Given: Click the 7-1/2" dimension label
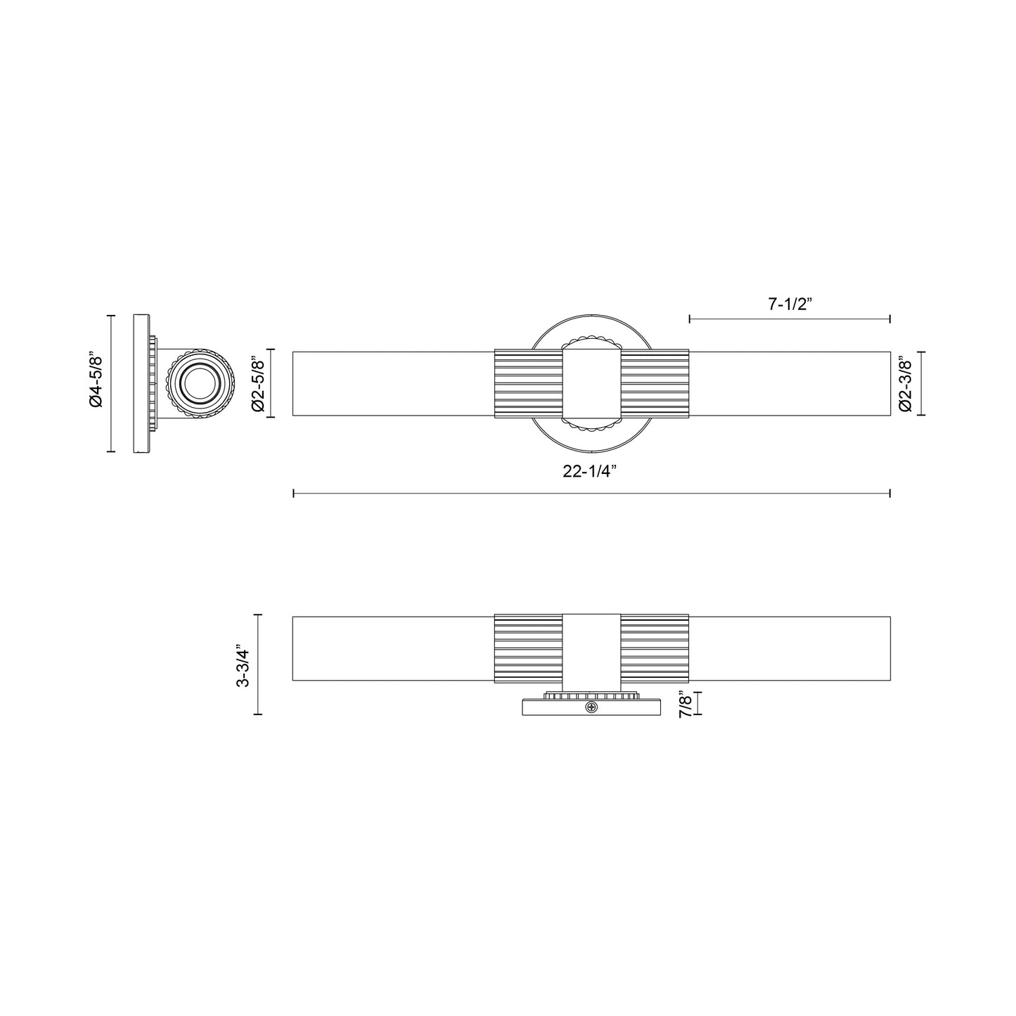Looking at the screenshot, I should tap(790, 304).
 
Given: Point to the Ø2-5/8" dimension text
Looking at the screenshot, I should tap(257, 383).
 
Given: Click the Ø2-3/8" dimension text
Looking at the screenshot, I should tap(906, 383).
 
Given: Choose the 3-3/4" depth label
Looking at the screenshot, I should tap(244, 664).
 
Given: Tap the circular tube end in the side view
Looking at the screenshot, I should tap(199, 383).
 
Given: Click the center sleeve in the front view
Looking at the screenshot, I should tap(591, 383).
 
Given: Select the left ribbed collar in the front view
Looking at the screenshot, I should tap(529, 383).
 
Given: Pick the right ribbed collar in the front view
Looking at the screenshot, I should tap(654, 383).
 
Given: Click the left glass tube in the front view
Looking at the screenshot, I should tap(394, 383).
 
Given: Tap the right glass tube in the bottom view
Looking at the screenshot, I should tap(789, 648).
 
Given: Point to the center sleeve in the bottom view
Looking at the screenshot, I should tap(591, 648).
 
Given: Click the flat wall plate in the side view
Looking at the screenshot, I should tap(141, 383).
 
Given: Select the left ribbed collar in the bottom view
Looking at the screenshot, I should tap(529, 648).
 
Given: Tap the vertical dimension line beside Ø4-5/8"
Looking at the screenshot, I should tap(110, 383).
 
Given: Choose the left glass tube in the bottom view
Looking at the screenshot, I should tap(394, 648).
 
